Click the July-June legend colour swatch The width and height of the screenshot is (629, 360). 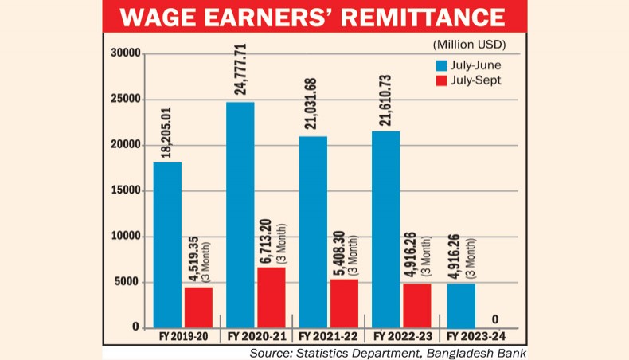(440, 65)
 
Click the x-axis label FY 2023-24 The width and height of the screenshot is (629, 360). (479, 338)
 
